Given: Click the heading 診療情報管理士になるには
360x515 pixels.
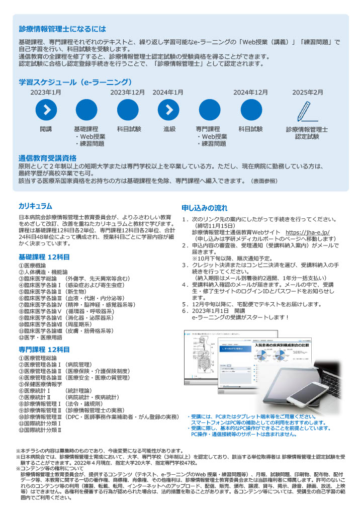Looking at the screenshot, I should (62, 29).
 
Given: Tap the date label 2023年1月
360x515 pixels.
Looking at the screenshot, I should (46, 93).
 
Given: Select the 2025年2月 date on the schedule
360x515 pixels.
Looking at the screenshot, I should (308, 93).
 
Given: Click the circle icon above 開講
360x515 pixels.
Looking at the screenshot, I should (46, 111).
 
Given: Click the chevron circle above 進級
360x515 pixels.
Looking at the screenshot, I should (169, 111).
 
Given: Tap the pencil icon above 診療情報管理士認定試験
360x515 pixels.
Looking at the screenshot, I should (307, 111).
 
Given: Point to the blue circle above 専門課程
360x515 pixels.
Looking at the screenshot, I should (210, 111).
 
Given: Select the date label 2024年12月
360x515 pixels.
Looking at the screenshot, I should (250, 93).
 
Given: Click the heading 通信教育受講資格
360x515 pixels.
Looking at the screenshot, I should (47, 157).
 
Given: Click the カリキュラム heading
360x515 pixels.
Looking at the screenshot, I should (35, 206).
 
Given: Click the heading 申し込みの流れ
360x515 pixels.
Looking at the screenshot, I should (204, 208).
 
